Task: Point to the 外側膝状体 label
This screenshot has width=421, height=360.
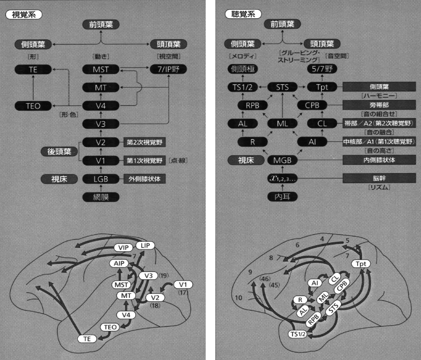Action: tap(145, 179)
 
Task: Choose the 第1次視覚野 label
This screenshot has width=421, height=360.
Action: tap(144, 161)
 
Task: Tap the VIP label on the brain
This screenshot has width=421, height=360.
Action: tap(123, 248)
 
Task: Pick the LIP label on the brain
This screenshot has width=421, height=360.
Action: tap(144, 246)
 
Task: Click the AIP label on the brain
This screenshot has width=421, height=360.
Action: tap(119, 263)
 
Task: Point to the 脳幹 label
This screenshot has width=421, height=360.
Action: tap(379, 178)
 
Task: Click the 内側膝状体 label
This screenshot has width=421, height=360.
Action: tap(379, 160)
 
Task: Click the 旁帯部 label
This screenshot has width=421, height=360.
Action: tap(379, 105)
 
